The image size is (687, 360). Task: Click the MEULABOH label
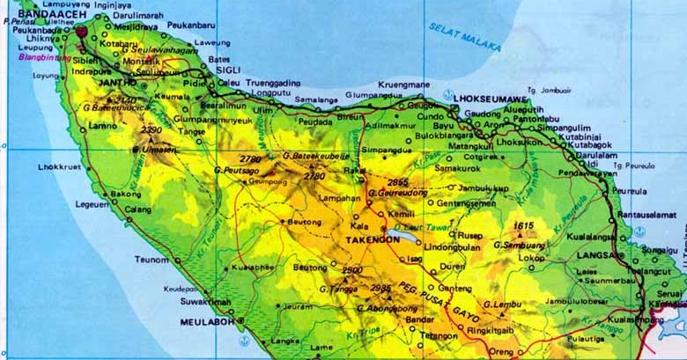204,322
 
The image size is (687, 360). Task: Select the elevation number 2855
398,181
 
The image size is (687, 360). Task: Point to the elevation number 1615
525,226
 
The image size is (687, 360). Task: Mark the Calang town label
137,209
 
